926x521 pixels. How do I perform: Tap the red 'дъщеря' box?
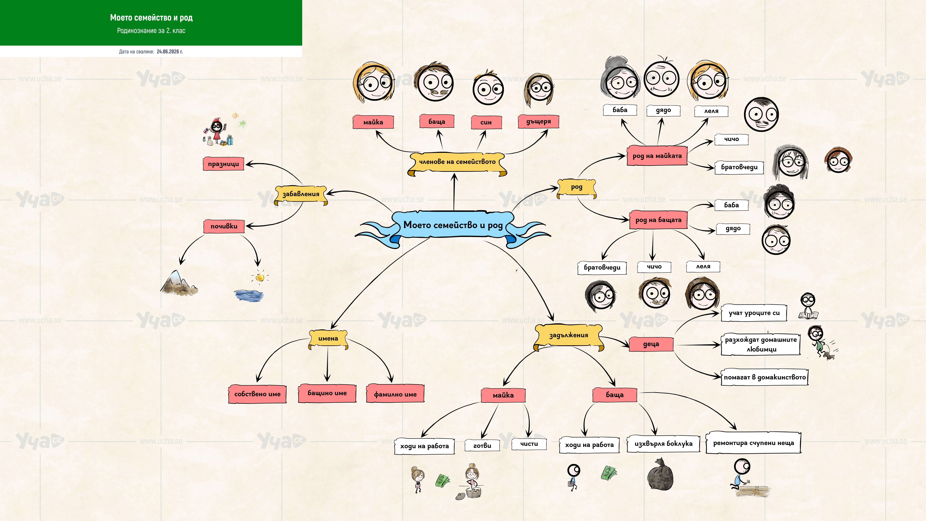538,122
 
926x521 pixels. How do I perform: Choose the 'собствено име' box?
257,394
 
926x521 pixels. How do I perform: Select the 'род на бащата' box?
658,220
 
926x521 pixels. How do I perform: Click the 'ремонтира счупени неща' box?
753,443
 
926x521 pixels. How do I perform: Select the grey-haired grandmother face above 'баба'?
620,78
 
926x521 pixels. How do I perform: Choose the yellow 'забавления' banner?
301,195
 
